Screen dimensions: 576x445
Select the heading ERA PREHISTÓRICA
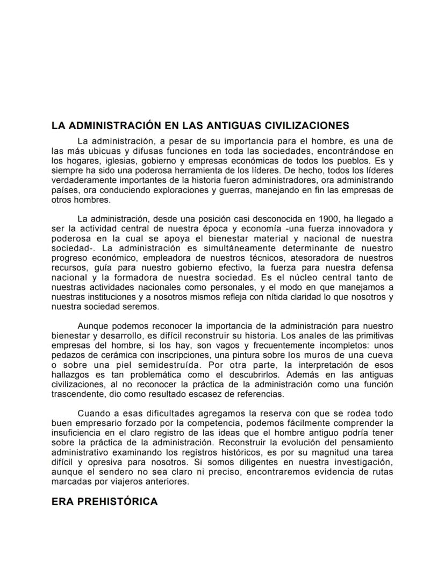tap(104, 502)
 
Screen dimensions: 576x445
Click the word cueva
tap(378, 355)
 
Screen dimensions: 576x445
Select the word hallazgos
tap(70, 375)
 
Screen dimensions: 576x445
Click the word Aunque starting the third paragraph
tap(92, 326)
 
